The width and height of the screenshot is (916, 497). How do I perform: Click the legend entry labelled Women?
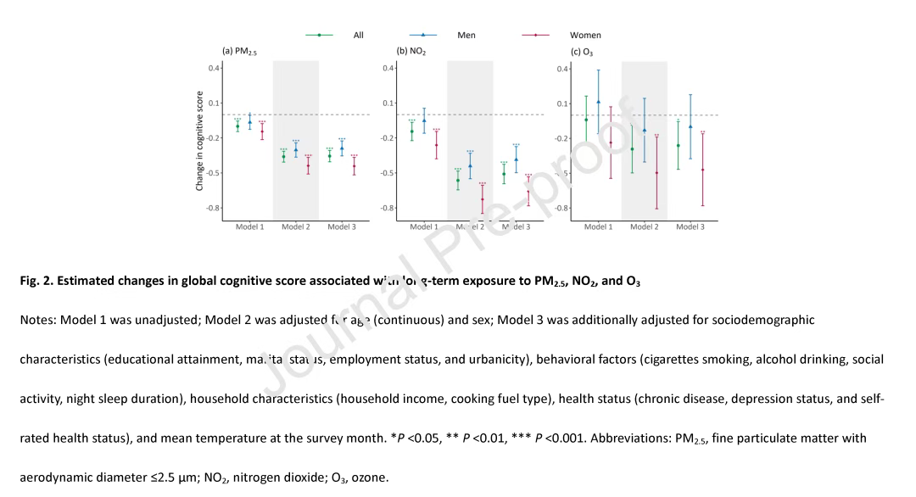pos(585,35)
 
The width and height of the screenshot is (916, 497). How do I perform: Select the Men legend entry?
pos(466,35)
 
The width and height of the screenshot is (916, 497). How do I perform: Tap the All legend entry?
pos(358,35)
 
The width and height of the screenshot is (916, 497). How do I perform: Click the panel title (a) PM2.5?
pos(239,51)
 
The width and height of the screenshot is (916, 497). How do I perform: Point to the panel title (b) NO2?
pos(411,51)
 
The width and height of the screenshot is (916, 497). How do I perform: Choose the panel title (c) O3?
pos(582,51)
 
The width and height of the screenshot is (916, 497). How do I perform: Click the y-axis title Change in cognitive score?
pos(199,140)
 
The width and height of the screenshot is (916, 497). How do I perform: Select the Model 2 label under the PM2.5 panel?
pos(296,227)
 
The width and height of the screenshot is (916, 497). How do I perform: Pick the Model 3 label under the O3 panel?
pos(690,227)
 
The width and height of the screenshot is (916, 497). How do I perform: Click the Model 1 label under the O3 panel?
pos(598,227)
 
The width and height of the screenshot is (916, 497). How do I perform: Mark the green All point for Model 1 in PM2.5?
pos(237,126)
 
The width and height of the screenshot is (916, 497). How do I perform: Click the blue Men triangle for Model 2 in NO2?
pos(470,165)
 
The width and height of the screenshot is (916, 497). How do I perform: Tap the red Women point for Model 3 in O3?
pos(702,170)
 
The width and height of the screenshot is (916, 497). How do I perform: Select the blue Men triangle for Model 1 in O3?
pos(598,102)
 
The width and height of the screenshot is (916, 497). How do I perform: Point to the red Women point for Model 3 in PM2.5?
pos(354,165)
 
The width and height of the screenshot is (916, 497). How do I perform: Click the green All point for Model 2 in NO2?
pos(458,180)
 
